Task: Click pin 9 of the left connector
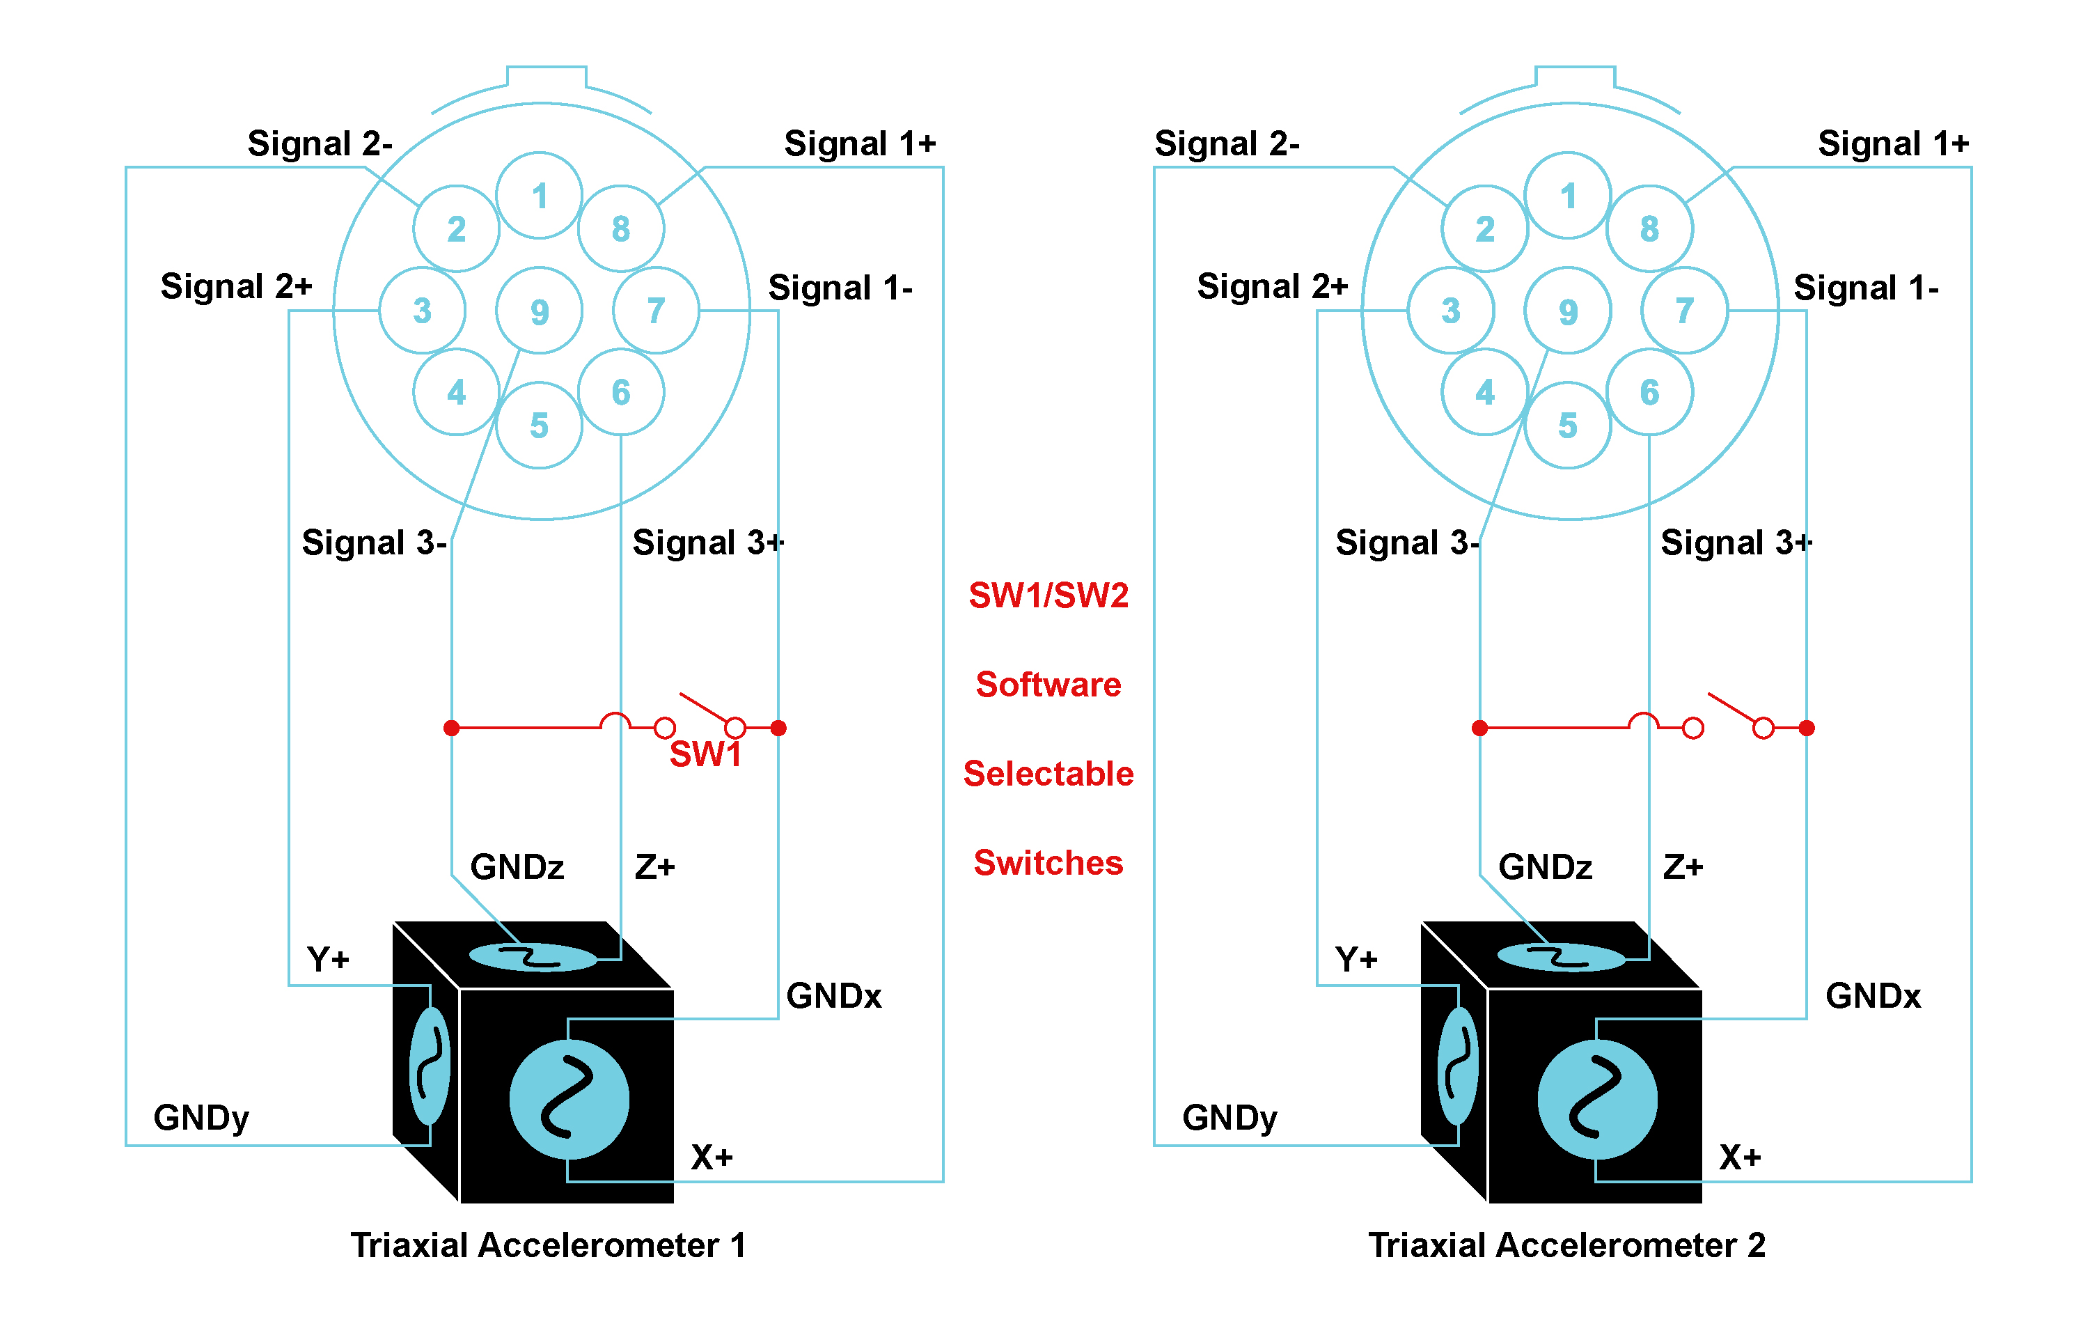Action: tap(539, 311)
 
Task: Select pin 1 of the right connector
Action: tap(1568, 196)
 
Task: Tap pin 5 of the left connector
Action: tap(539, 426)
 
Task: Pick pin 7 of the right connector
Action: tap(1685, 310)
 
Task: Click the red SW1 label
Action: tap(705, 754)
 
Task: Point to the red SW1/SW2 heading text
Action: tap(1048, 595)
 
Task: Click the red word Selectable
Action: tap(1048, 774)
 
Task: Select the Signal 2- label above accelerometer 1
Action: tap(320, 143)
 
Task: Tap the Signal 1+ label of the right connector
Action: tap(1893, 143)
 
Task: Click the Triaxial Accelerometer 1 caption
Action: tap(548, 1245)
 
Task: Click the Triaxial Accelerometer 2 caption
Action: tap(1566, 1245)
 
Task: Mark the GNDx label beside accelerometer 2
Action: tap(1873, 996)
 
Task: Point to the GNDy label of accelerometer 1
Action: tap(201, 1117)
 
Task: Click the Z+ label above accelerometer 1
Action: tap(654, 866)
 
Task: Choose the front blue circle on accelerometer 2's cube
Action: tap(1597, 1099)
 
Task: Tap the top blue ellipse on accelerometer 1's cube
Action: tap(533, 957)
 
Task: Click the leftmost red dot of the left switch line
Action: tap(451, 728)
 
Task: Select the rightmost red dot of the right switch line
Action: tap(1807, 728)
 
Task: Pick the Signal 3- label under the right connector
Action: tap(1406, 543)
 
